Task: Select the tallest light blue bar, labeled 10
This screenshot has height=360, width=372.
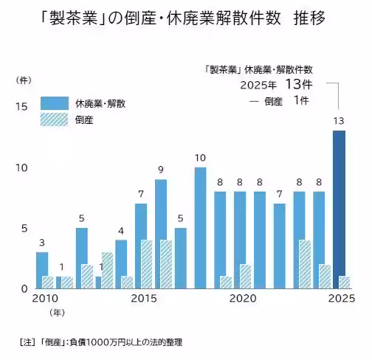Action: point(200,228)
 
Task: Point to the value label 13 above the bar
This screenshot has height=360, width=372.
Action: point(339,121)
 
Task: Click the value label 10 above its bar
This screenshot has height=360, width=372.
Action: point(200,158)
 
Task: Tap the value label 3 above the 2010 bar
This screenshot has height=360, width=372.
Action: point(42,243)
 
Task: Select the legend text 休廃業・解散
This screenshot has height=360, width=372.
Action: point(100,103)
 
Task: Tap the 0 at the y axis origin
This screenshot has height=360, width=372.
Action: point(24,288)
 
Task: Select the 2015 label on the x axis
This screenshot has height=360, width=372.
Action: point(144,299)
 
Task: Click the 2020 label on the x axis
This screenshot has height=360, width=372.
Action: point(242,299)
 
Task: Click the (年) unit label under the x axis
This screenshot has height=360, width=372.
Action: point(57,314)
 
